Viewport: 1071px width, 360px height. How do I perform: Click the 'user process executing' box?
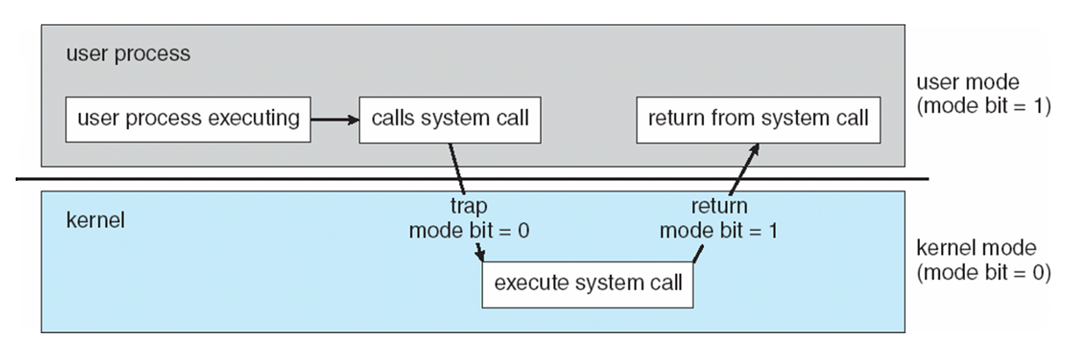188,119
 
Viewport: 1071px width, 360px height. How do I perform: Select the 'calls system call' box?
450,120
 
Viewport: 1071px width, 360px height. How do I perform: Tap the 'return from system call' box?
758,120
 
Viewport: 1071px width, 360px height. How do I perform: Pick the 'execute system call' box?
587,284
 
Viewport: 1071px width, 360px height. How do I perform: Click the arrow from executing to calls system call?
334,119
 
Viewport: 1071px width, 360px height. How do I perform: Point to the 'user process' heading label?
128,54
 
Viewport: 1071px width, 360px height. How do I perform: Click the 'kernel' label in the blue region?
95,220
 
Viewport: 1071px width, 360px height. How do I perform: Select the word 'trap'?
469,206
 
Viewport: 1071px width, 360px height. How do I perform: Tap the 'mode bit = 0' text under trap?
469,230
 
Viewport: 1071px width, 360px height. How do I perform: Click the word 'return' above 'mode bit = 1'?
719,206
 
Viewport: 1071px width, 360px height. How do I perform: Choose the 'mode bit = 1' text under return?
719,230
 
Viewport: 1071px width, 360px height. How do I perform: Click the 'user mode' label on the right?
967,83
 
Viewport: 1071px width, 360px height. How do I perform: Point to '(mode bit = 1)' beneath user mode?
983,105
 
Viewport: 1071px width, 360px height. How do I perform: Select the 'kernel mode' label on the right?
976,248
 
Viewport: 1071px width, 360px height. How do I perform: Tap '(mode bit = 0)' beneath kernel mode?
983,272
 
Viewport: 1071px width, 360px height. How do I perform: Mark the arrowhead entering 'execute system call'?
480,255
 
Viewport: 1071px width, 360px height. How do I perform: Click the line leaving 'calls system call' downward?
456,169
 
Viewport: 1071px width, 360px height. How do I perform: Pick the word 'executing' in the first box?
254,119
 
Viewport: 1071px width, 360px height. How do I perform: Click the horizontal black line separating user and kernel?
472,179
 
